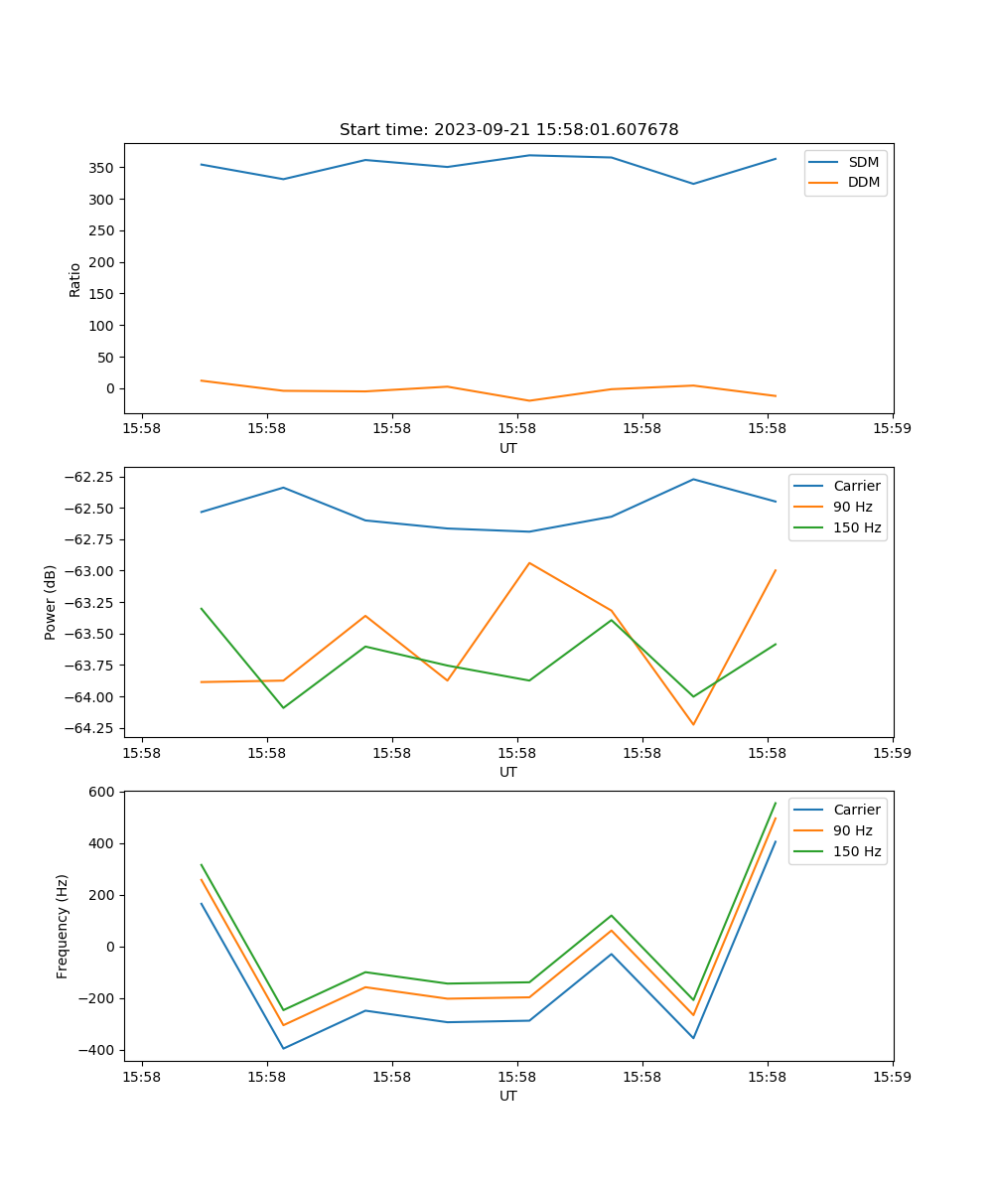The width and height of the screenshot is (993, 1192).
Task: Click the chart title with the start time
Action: click(508, 130)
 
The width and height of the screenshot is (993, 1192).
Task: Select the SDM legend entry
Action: click(863, 162)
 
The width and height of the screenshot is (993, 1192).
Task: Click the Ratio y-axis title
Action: click(75, 279)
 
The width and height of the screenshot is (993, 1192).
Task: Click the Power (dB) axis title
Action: click(51, 602)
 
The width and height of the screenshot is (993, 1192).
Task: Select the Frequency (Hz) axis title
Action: click(63, 926)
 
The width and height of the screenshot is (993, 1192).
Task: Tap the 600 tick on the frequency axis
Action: click(103, 793)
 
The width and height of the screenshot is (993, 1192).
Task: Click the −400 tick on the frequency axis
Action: click(99, 1051)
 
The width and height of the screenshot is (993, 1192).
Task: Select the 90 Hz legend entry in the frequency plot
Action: click(853, 830)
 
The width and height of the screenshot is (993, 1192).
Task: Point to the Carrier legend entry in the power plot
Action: click(856, 487)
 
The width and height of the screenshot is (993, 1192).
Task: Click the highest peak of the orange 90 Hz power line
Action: click(529, 563)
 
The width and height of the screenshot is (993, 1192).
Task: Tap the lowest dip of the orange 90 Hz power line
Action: click(693, 724)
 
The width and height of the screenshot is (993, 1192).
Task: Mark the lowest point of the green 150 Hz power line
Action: click(284, 707)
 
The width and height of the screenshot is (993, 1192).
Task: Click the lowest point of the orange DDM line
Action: click(529, 400)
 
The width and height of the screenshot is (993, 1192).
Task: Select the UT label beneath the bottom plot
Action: click(508, 1096)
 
